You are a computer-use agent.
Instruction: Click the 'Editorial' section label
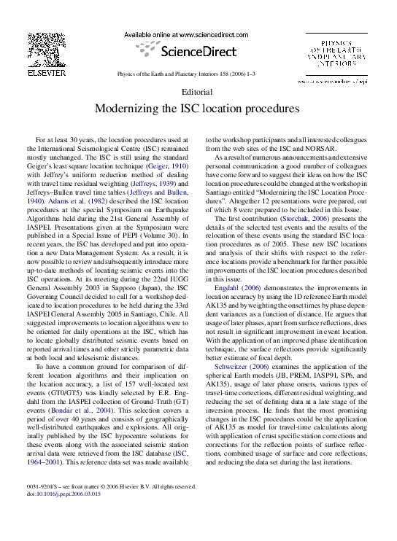(198, 93)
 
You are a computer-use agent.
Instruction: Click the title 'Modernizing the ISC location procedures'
(198, 109)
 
